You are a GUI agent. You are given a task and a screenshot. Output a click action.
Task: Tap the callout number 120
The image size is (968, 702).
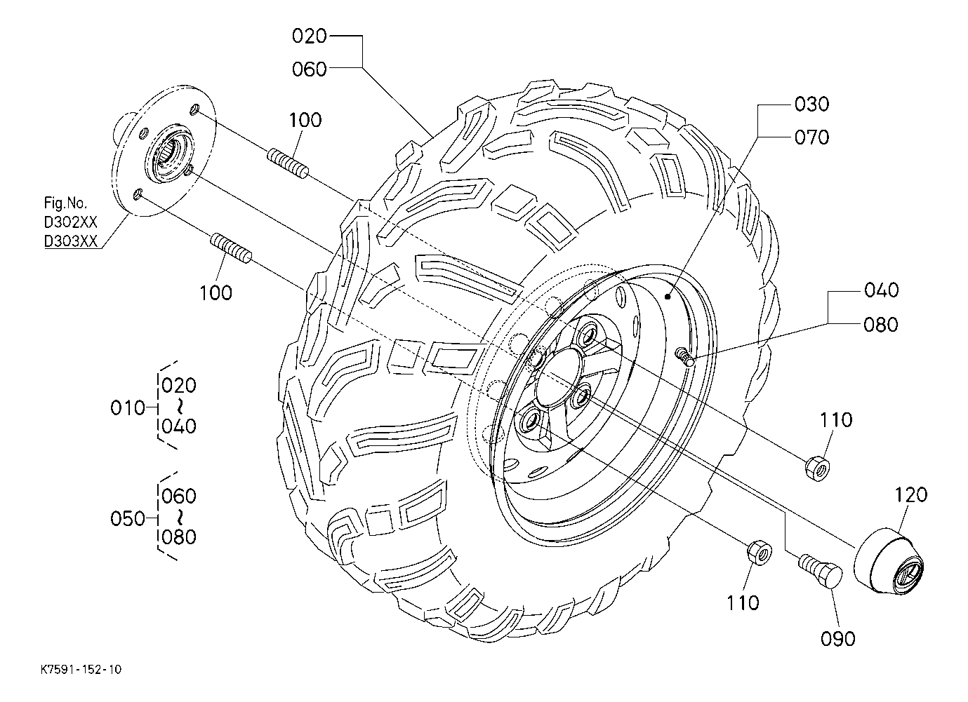click(x=911, y=494)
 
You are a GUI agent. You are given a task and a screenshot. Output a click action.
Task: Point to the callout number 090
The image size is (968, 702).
click(x=838, y=638)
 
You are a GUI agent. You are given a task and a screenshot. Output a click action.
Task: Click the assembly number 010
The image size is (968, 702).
click(x=128, y=407)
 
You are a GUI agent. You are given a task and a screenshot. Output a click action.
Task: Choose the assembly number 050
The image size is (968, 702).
click(x=128, y=519)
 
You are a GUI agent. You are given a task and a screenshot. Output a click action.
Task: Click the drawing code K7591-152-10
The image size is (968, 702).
click(x=81, y=670)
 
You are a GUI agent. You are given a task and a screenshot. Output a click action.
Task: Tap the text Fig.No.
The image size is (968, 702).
click(x=66, y=204)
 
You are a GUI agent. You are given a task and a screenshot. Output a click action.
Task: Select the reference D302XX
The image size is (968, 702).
click(x=70, y=222)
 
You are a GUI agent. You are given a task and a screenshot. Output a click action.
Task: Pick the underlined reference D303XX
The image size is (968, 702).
click(x=70, y=241)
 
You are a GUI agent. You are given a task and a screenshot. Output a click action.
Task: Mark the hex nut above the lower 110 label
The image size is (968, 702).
click(x=757, y=552)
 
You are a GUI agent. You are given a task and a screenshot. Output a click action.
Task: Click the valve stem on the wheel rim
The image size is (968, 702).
click(x=685, y=358)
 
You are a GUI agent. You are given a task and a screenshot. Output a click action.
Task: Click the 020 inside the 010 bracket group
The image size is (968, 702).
click(x=179, y=386)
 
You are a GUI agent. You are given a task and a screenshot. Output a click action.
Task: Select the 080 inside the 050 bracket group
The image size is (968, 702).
click(x=179, y=537)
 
